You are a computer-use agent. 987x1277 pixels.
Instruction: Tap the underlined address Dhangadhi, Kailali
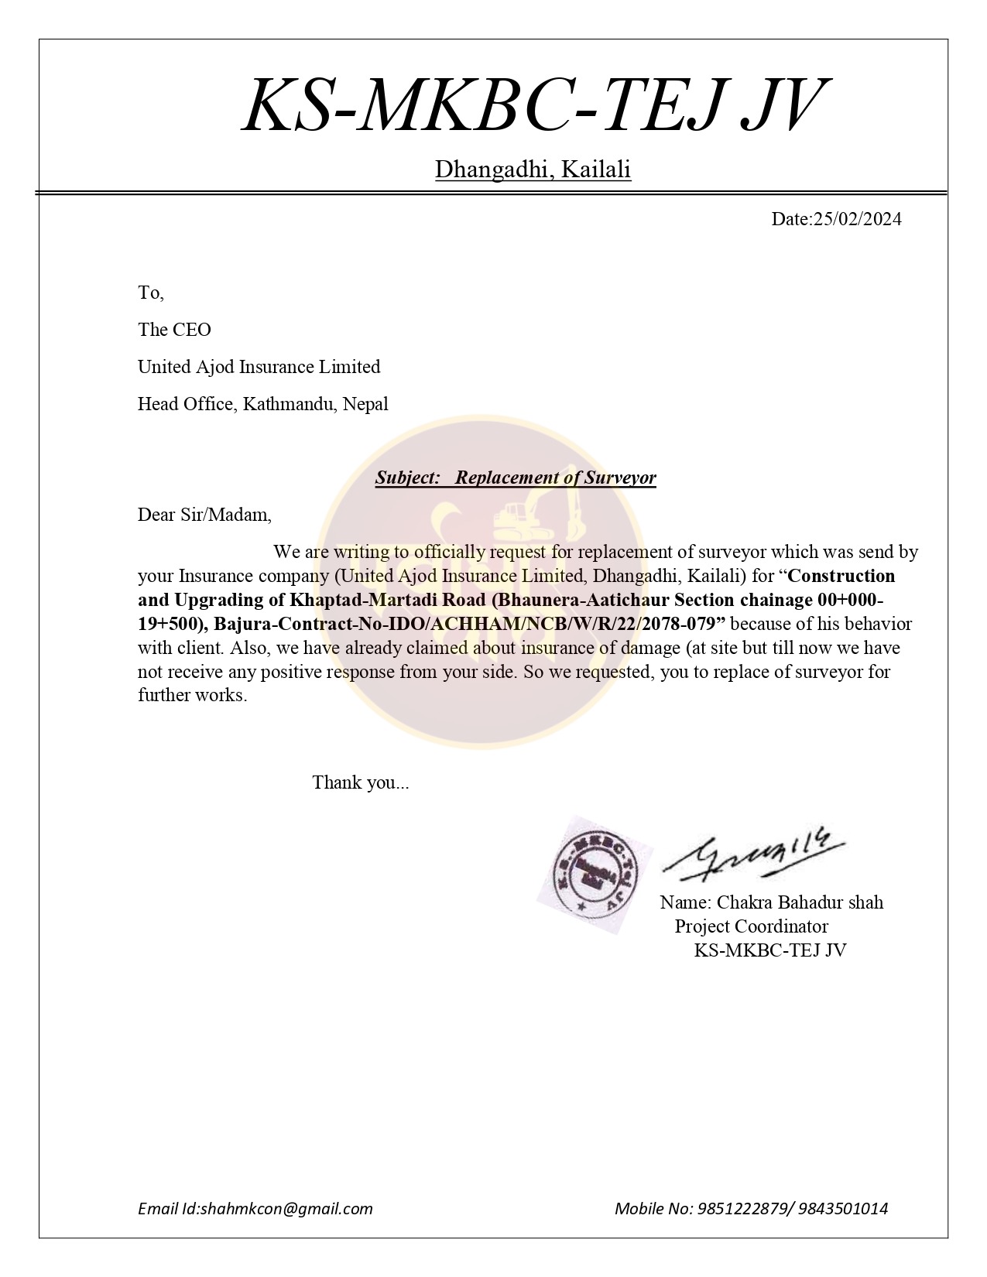click(533, 169)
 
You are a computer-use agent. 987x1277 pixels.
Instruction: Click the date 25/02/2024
click(857, 219)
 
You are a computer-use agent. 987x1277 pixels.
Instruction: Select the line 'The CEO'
click(174, 330)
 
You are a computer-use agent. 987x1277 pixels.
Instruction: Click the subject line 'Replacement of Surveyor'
click(555, 478)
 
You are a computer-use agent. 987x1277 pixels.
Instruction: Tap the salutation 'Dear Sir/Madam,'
click(204, 515)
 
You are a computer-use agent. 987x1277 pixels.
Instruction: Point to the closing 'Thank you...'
click(360, 782)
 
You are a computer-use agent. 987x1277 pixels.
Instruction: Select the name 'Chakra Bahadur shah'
click(800, 902)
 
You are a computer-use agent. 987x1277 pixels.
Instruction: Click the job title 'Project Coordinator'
click(751, 926)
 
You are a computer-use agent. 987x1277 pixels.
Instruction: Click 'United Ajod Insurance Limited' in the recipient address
click(259, 367)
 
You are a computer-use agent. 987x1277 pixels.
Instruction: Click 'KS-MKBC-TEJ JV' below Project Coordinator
click(769, 950)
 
